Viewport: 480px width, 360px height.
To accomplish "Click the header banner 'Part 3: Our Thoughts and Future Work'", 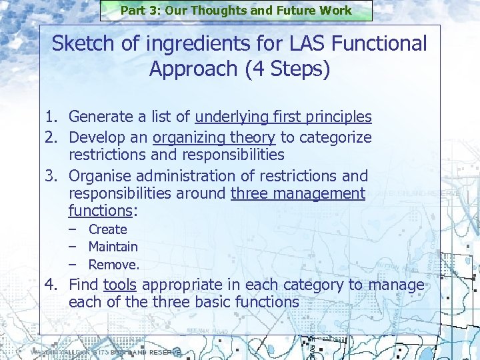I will (x=236, y=11).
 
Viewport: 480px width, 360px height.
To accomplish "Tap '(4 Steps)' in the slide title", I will (x=286, y=69).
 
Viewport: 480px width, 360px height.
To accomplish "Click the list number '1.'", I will (x=53, y=117).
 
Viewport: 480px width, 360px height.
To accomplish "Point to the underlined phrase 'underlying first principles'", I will (x=283, y=117).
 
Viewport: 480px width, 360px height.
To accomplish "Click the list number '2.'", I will (x=53, y=138).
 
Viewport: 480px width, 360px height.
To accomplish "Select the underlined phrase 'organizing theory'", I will (x=214, y=138).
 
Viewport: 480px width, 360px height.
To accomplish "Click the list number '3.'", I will (x=53, y=177).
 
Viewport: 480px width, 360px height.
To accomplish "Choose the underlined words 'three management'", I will (x=298, y=194).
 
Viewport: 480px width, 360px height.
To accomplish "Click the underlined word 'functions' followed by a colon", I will (x=101, y=211).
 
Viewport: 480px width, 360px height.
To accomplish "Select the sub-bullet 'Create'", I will (x=107, y=229).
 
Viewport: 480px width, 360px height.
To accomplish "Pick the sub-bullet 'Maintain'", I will (x=113, y=247).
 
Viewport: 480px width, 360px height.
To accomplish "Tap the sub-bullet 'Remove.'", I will (x=114, y=265).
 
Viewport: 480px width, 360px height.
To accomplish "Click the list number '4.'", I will (x=53, y=286).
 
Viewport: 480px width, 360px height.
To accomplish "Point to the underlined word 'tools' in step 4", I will (x=120, y=286).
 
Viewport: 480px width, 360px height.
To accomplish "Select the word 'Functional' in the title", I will (x=381, y=44).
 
